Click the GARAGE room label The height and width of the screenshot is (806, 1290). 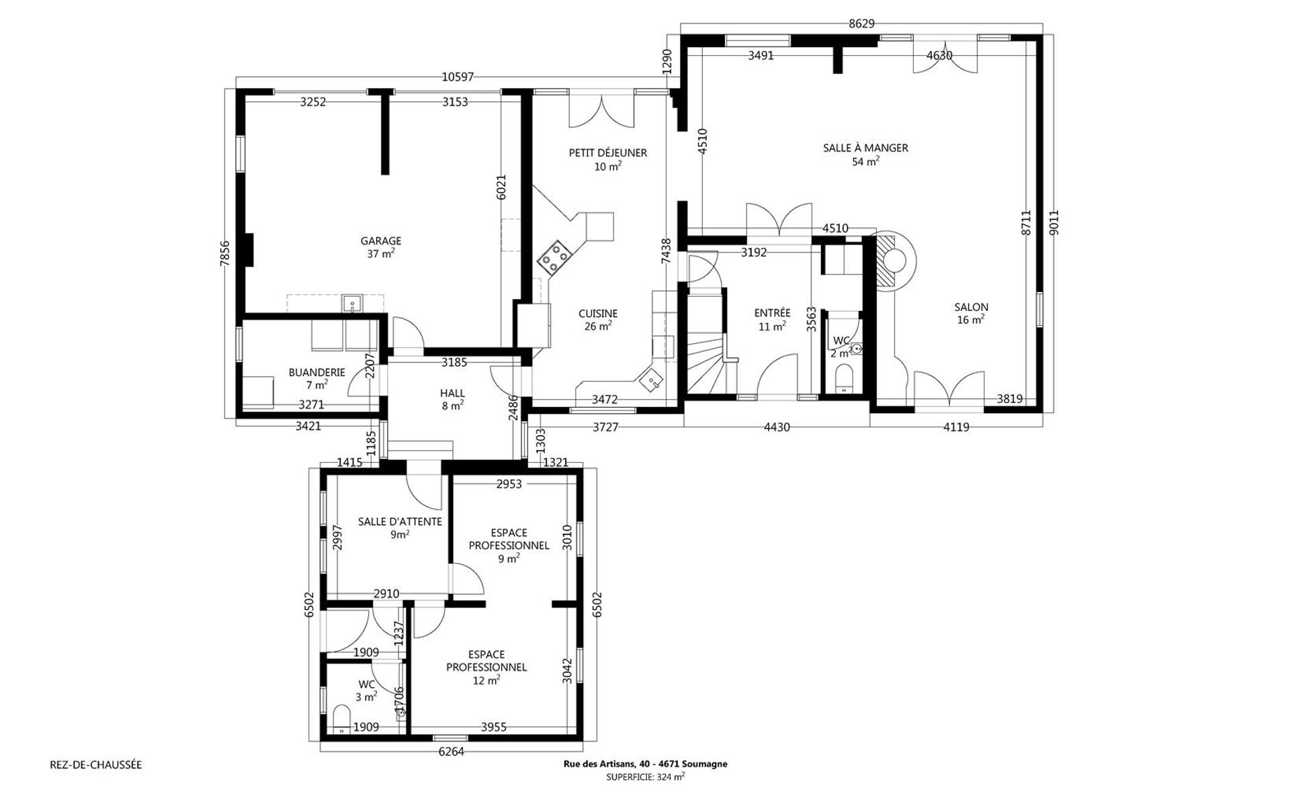coord(381,241)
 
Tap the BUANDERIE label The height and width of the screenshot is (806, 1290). coord(317,372)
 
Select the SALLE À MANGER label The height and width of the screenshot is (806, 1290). coord(865,148)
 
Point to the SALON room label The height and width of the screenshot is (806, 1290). coord(971,308)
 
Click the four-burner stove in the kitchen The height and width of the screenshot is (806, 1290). coord(554,257)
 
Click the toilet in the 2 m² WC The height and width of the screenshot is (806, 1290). coord(843,378)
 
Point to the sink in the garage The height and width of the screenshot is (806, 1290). coord(352,304)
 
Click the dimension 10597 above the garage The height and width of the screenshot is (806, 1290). coord(458,77)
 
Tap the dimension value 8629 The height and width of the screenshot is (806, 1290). coord(861,24)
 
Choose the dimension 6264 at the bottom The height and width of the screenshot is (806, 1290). coord(451,752)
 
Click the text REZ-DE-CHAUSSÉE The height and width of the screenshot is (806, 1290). coord(96,764)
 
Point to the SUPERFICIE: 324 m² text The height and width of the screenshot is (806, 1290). coord(645,777)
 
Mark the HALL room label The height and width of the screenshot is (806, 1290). coord(452,393)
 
